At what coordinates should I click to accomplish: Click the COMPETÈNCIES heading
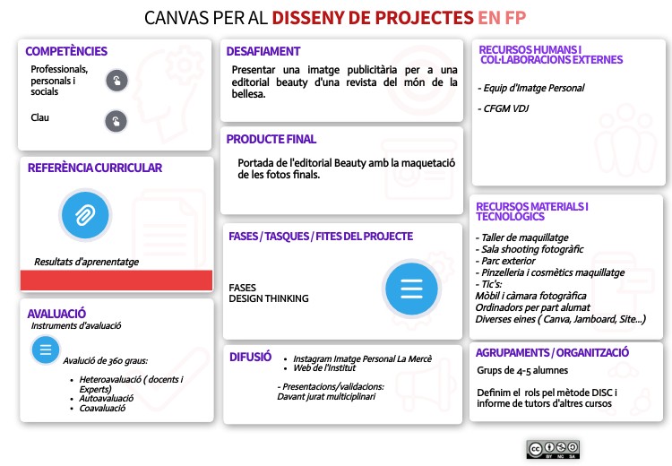tap(66, 52)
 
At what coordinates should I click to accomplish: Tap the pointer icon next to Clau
tap(116, 120)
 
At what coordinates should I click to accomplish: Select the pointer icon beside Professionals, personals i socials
tap(116, 81)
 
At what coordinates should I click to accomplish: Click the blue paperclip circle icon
tap(84, 215)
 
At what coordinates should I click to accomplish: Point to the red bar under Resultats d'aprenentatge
tap(116, 280)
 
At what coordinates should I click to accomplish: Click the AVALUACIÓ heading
tap(56, 314)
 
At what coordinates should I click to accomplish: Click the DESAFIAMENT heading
tap(263, 52)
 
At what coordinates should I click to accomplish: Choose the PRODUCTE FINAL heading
tap(271, 140)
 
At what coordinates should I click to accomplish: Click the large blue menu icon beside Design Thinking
tap(410, 289)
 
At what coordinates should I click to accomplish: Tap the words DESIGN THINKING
tap(269, 298)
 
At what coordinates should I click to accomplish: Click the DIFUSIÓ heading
tap(250, 357)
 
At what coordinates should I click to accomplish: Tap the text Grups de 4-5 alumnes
tap(521, 370)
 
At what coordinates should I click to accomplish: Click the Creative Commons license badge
tap(553, 448)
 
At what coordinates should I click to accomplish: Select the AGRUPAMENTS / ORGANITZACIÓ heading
tap(553, 353)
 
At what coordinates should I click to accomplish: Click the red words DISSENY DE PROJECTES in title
tap(373, 17)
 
